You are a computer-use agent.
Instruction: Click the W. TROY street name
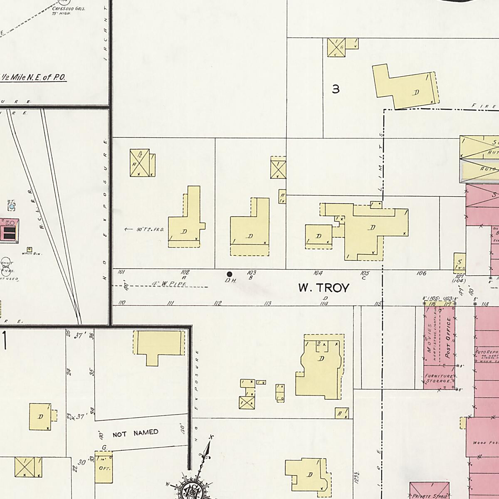click(x=324, y=288)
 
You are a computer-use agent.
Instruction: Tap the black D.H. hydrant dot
click(x=229, y=274)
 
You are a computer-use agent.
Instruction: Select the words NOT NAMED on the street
click(x=135, y=433)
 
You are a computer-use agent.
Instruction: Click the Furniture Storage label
click(x=438, y=378)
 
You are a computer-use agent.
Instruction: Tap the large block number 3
click(x=336, y=89)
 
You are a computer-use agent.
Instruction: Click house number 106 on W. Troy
click(x=421, y=273)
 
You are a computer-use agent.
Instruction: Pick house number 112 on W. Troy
click(x=217, y=303)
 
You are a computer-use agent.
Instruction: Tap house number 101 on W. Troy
click(x=121, y=272)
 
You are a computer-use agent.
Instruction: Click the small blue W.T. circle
click(x=12, y=206)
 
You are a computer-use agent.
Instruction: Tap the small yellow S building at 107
click(x=459, y=262)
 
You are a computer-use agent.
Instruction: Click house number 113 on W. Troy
click(x=267, y=304)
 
